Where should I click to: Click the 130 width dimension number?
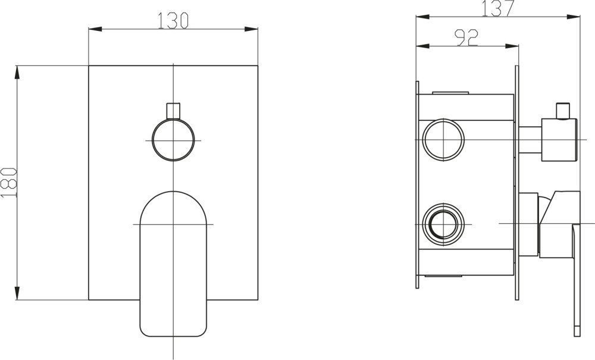click(173, 20)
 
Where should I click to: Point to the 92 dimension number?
click(467, 38)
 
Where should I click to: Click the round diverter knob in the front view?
click(173, 140)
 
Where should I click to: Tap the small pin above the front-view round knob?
click(173, 110)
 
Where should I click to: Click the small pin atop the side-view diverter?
click(562, 111)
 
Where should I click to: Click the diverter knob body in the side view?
click(559, 139)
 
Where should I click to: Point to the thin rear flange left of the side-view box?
click(418, 184)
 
